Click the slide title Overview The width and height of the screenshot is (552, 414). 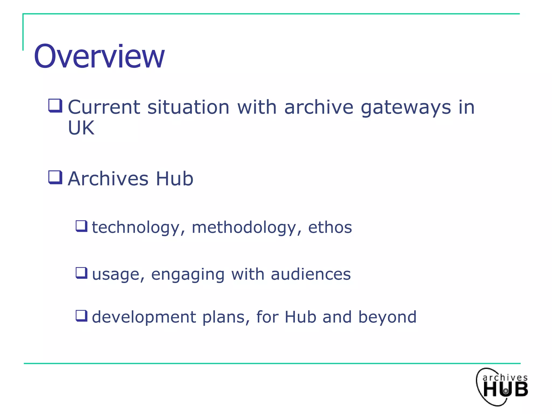click(99, 57)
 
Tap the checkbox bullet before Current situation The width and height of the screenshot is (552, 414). click(56, 105)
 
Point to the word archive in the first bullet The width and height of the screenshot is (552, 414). click(319, 107)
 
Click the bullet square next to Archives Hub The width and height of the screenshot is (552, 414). click(56, 177)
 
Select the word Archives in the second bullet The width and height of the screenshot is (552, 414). click(108, 179)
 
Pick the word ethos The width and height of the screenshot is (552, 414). click(330, 227)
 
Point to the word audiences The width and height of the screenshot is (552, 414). click(310, 274)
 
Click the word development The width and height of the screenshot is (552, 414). click(144, 317)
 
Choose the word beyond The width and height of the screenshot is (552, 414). click(387, 317)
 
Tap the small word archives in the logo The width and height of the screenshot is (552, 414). click(505, 378)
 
